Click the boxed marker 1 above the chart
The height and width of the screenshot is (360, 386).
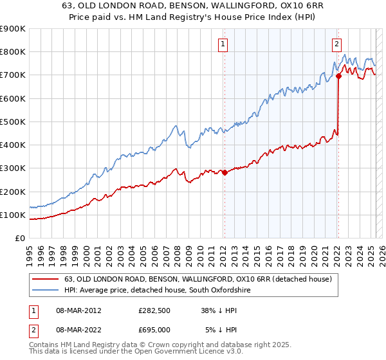coord(223,44)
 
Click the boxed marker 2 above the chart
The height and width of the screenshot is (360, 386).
coord(336,44)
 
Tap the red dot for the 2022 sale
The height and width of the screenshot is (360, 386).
coord(338,76)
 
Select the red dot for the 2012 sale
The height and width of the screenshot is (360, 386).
coord(225,172)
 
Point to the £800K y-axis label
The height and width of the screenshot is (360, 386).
coord(13,52)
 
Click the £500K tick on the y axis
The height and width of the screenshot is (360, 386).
coord(13,122)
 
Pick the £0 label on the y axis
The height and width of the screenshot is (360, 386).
coord(20,239)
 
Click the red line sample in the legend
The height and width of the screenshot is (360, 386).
coord(44,279)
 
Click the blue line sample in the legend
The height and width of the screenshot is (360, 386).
coord(44,291)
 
